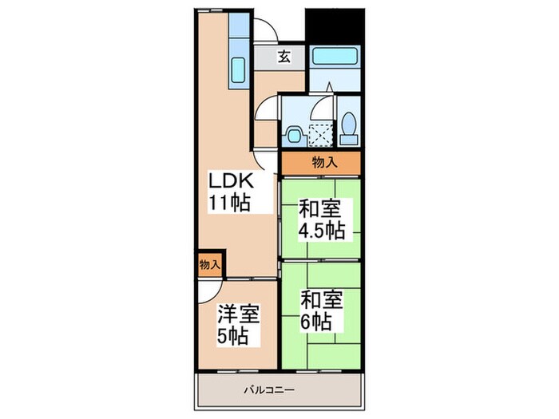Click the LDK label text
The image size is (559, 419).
229,180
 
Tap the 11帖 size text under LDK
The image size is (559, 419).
229,202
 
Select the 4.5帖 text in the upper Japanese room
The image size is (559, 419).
322,231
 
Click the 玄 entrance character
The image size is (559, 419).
283,56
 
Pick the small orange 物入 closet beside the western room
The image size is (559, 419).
209,263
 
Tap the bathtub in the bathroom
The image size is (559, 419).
335,57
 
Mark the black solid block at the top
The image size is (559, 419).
335,24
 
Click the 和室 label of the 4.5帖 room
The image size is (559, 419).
320,210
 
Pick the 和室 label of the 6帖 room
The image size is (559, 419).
321,300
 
